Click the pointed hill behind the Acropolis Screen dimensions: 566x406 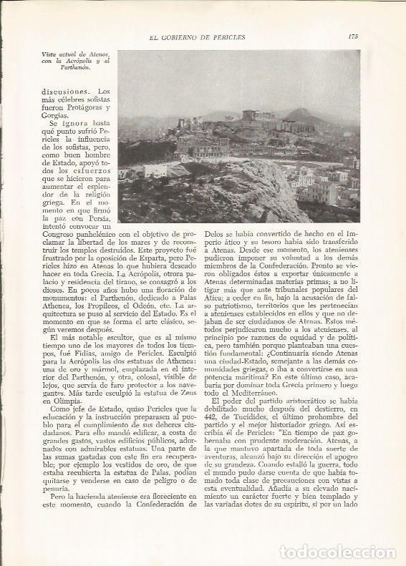pos(303,114)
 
